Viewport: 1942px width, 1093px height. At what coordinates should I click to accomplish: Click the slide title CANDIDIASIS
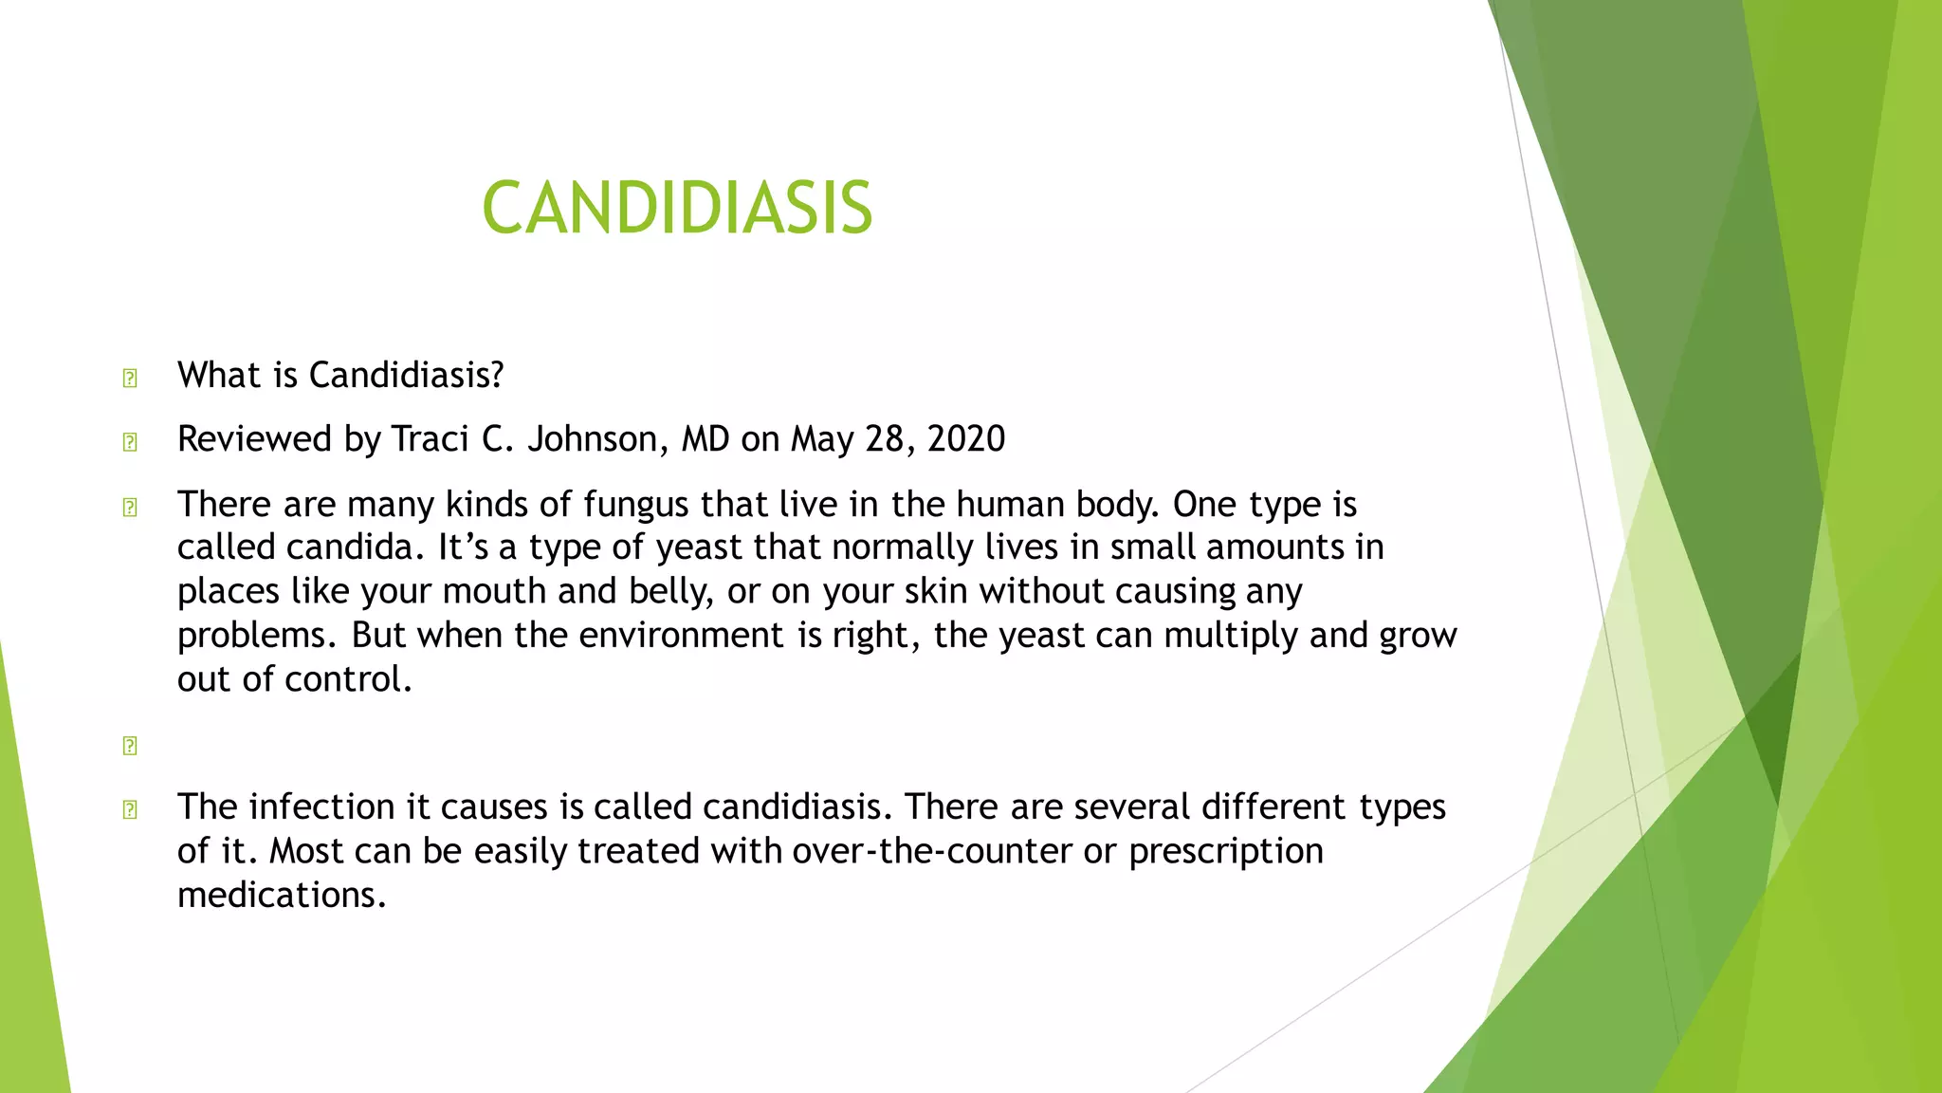click(x=676, y=208)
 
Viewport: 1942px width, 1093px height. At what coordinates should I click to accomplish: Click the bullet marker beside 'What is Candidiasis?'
click(x=130, y=379)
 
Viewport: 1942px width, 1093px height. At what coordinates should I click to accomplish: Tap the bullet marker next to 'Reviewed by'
click(x=130, y=442)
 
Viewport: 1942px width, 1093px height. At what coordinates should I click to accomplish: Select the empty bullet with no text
click(x=130, y=746)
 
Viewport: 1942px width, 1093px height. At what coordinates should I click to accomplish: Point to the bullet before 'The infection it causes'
click(x=130, y=809)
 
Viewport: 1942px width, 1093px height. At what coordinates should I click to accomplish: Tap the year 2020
click(x=966, y=439)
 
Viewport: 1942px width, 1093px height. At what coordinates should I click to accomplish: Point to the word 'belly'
click(x=669, y=591)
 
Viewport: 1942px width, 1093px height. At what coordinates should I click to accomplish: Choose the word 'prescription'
click(x=1225, y=851)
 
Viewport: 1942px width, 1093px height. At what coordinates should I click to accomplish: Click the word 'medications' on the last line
click(x=281, y=895)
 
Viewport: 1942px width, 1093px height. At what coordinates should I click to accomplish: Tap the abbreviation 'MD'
click(x=705, y=439)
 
